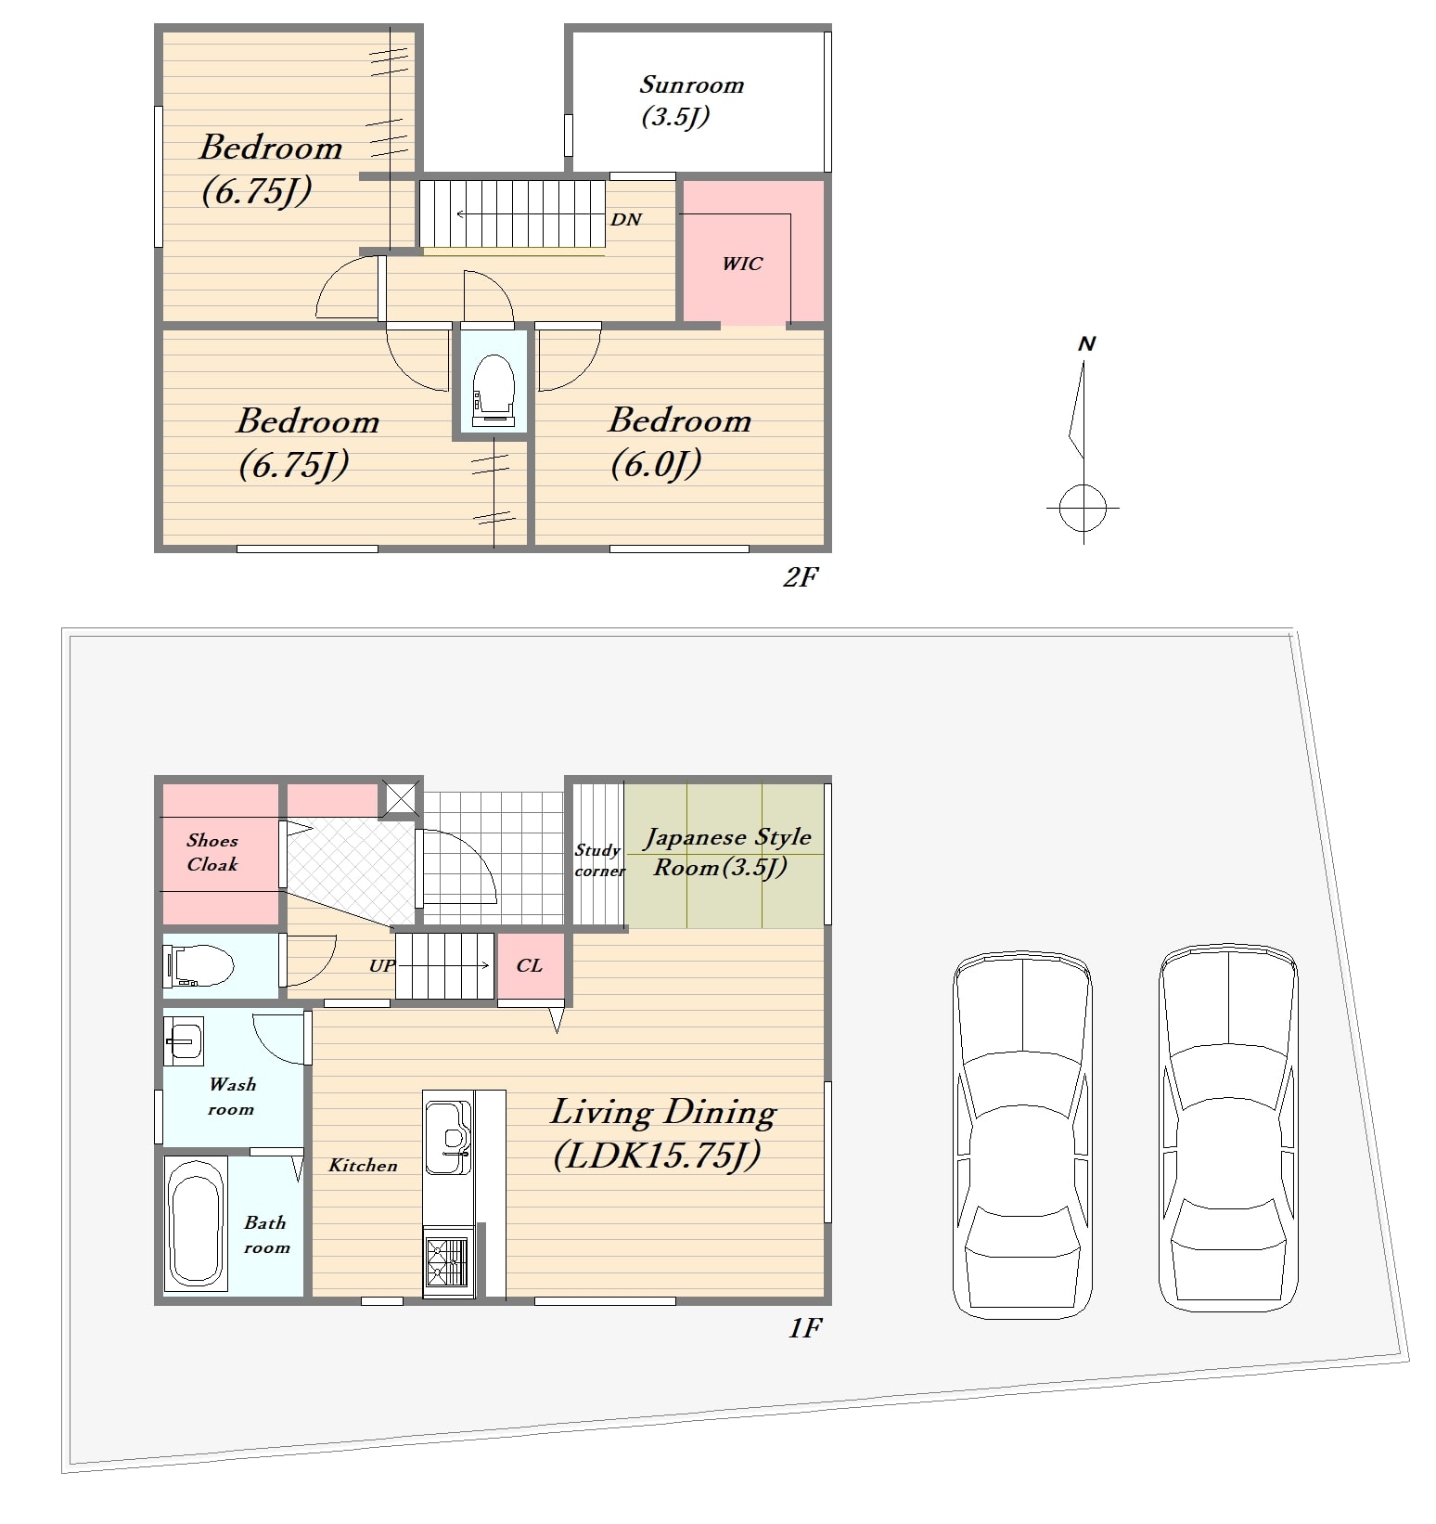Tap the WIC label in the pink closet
[x=742, y=264]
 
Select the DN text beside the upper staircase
[x=626, y=220]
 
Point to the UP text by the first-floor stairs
[x=381, y=965]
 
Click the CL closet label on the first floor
[x=529, y=965]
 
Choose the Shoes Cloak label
[x=212, y=852]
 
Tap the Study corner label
[x=599, y=859]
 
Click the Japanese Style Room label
[x=727, y=852]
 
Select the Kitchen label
[x=363, y=1166]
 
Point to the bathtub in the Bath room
[x=196, y=1224]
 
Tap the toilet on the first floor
[x=199, y=965]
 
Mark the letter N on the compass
[x=1087, y=344]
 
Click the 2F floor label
[x=800, y=577]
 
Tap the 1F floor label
[x=804, y=1328]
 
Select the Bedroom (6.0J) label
[x=679, y=443]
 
